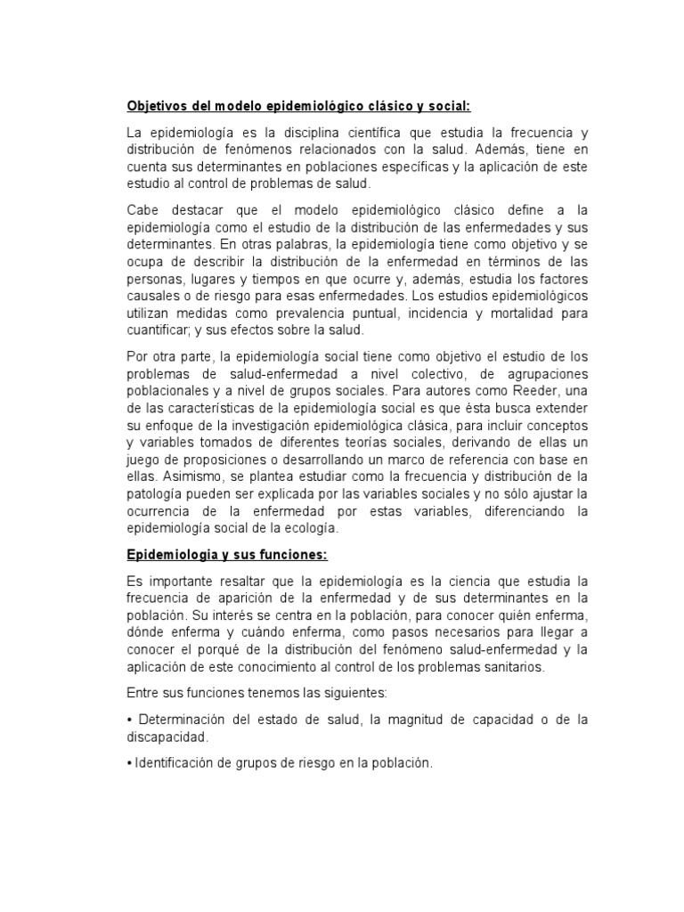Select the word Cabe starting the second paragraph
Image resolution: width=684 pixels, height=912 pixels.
point(143,210)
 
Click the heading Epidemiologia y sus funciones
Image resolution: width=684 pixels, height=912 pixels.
point(227,555)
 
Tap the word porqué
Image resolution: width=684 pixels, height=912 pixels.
point(220,649)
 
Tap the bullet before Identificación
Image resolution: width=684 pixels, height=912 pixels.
point(130,764)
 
